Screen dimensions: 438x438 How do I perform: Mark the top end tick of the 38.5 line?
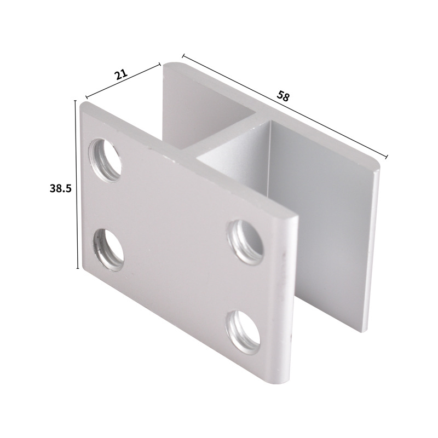(76, 100)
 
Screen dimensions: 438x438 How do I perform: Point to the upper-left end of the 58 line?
(183, 55)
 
